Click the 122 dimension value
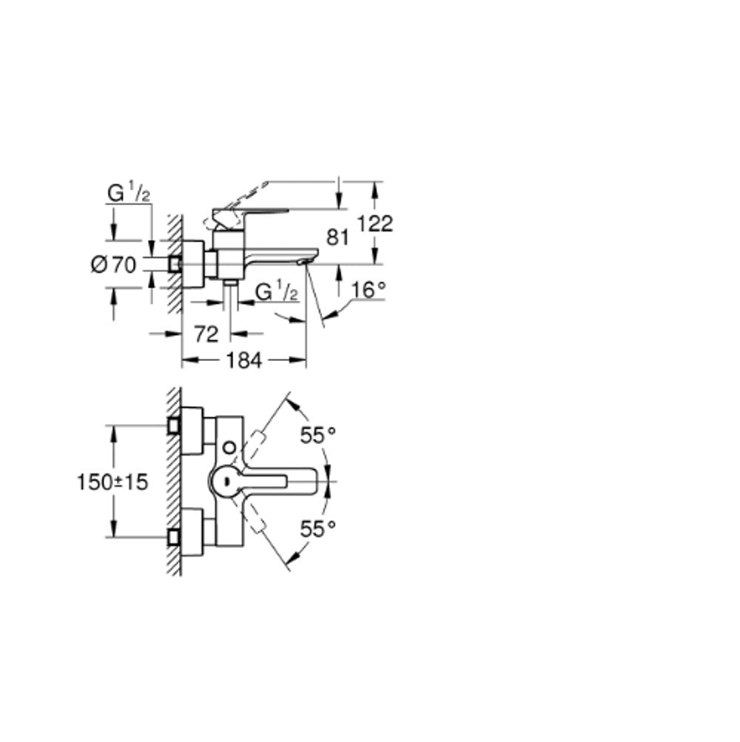[x=374, y=224]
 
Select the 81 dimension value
[x=337, y=237]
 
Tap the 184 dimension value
[x=243, y=361]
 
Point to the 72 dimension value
[x=206, y=334]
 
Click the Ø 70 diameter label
[x=113, y=265]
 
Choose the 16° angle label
[x=369, y=289]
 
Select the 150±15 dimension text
[x=112, y=482]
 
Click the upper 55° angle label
[x=317, y=435]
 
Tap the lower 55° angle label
[x=317, y=529]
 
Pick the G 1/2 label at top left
[x=129, y=194]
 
